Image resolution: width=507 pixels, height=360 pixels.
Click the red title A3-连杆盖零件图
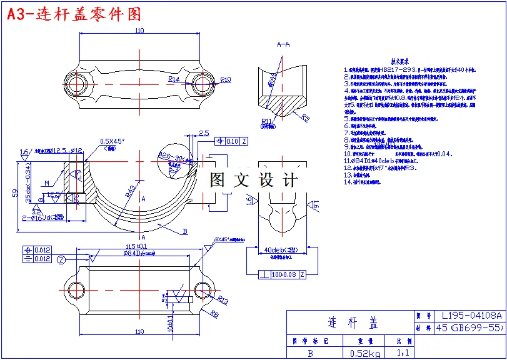[74, 14]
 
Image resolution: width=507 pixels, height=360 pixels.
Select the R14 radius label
[174, 79]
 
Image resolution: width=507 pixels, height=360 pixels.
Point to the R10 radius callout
[226, 79]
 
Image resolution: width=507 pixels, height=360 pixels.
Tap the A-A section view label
[283, 44]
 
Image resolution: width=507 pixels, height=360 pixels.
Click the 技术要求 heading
[400, 62]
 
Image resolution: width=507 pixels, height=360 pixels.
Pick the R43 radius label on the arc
[129, 191]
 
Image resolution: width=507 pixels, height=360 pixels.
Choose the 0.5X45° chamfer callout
[113, 141]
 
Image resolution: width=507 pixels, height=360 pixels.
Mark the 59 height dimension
[16, 194]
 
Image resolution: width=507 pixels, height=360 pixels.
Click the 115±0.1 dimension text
[136, 246]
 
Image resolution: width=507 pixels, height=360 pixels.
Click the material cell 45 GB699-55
[469, 327]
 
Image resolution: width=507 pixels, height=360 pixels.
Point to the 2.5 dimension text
[204, 133]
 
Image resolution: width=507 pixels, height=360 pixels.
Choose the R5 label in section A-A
[306, 117]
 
